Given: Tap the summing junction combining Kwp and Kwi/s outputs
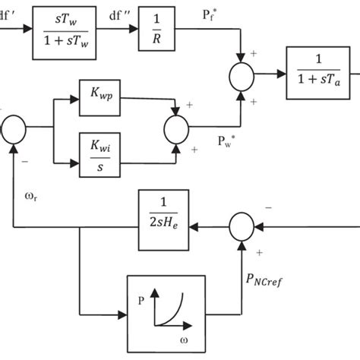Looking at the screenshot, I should point(176,125).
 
